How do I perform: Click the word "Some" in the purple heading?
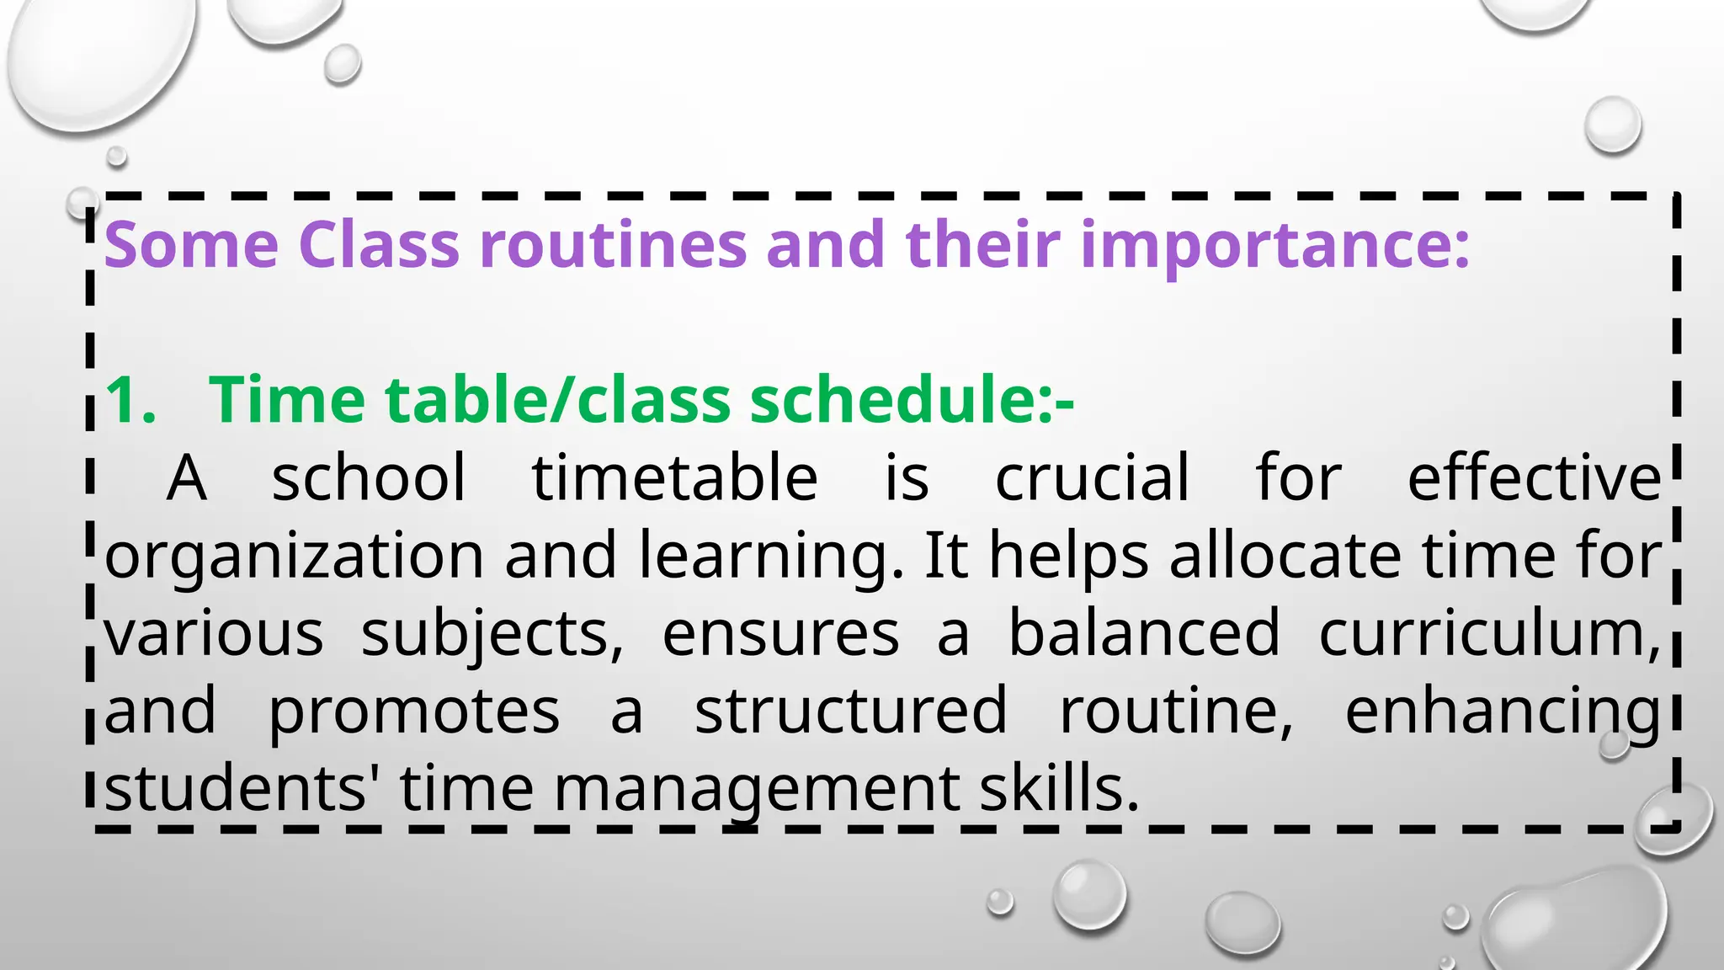click(191, 245)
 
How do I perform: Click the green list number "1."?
click(131, 399)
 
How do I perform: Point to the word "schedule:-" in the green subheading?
click(912, 399)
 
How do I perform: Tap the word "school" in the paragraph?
click(368, 478)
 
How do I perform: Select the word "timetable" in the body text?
click(674, 478)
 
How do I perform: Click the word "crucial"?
click(1092, 478)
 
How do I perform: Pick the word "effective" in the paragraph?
click(1534, 478)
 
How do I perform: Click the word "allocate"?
click(1285, 556)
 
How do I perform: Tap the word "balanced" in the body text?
click(1144, 633)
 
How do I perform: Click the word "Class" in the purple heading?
click(379, 245)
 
